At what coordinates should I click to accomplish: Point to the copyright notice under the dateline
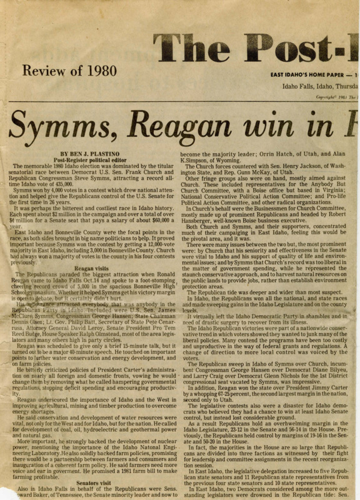[334, 97]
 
